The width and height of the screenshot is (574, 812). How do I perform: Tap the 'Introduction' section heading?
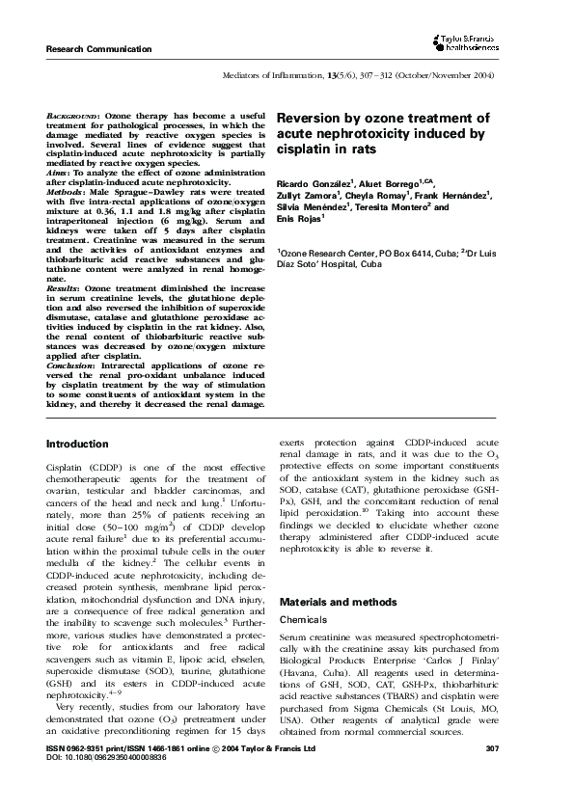78,444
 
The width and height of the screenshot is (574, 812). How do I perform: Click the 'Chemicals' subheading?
302,619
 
